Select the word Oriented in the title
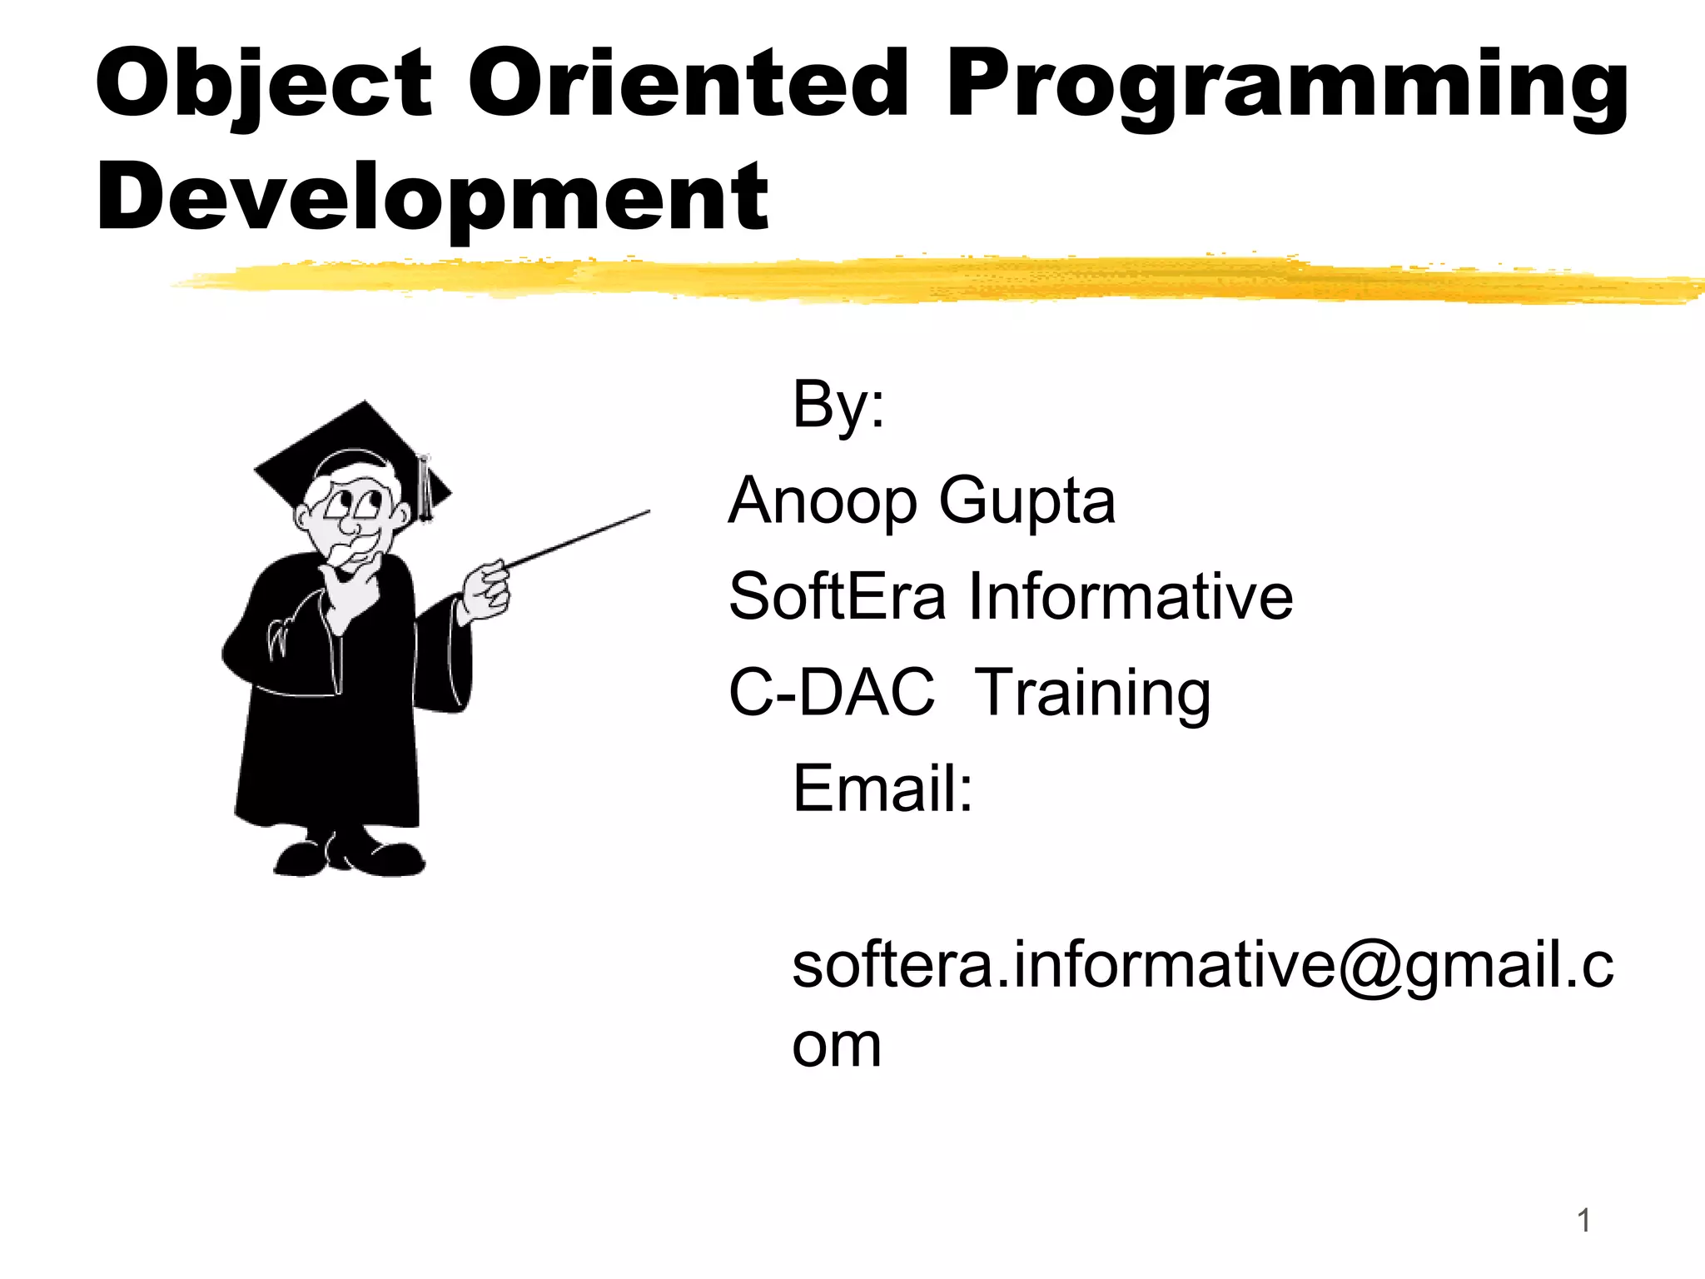tap(688, 83)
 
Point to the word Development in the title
tap(432, 198)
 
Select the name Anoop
tap(823, 501)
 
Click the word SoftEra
tap(837, 596)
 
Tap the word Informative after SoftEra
tap(1130, 596)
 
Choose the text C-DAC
tap(832, 692)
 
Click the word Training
tap(1092, 694)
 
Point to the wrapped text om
tap(836, 1046)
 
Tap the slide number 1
tap(1583, 1222)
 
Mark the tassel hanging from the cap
tap(425, 491)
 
